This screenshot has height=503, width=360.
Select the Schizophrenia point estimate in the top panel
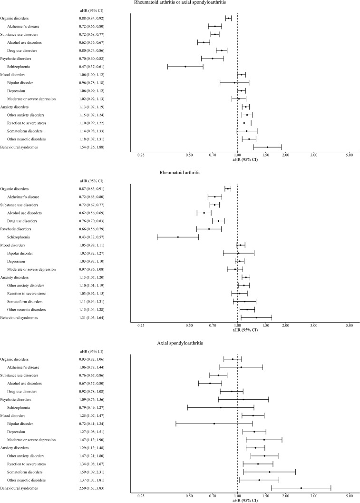[x=185, y=67]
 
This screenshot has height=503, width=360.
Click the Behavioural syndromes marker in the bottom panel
[x=301, y=488]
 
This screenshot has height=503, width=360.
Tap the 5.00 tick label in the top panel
[x=349, y=155]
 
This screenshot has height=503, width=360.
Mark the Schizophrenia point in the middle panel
[x=178, y=237]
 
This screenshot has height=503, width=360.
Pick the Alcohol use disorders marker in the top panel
[x=204, y=42]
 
